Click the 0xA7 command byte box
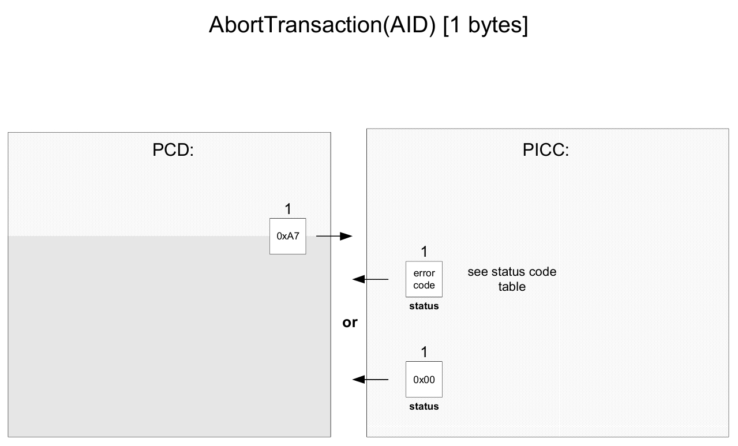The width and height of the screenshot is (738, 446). (287, 236)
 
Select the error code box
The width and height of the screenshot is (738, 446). (424, 279)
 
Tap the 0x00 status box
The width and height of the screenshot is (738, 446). (424, 380)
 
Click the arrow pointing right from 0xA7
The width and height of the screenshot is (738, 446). (334, 236)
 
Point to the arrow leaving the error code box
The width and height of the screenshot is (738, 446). (370, 279)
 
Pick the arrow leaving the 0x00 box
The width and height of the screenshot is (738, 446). (370, 380)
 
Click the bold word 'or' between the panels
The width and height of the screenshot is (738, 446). (350, 323)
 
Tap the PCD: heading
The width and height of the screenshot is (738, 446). (173, 150)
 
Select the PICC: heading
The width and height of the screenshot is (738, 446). (546, 150)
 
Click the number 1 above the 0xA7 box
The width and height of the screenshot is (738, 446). (288, 209)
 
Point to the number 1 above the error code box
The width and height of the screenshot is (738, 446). (424, 252)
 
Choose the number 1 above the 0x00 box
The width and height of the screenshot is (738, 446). (424, 352)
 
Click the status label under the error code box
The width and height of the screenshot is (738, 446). (424, 306)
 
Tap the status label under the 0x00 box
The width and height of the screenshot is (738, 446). (424, 406)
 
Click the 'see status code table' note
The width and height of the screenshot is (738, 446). (512, 279)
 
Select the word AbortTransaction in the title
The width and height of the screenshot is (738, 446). (295, 25)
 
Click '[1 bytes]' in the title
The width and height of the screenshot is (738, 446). (486, 25)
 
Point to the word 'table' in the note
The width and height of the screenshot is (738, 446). (512, 287)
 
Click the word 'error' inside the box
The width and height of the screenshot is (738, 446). (424, 273)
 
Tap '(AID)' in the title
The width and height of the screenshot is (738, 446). (409, 25)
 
